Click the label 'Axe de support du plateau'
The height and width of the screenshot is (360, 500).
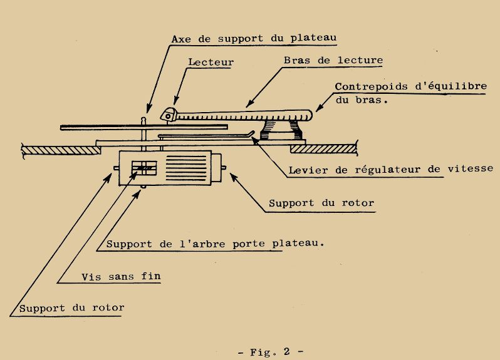tap(254, 38)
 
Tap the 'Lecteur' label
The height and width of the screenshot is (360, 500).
tap(210, 63)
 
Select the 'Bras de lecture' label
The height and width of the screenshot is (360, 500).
tap(333, 61)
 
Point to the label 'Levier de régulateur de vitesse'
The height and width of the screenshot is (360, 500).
tap(390, 169)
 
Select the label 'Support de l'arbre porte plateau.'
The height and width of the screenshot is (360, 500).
tap(216, 244)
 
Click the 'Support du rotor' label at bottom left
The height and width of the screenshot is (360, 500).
tap(71, 308)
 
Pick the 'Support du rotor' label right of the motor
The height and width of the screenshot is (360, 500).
tap(321, 203)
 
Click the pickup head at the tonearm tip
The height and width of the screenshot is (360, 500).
tap(169, 114)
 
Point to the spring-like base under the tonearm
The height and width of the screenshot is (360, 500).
tap(279, 132)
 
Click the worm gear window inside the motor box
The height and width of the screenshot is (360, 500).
tap(143, 168)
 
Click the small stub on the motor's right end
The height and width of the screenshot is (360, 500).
tap(226, 168)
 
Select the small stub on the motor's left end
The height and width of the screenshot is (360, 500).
tap(115, 168)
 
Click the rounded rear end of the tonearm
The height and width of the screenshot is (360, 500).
tap(308, 113)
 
